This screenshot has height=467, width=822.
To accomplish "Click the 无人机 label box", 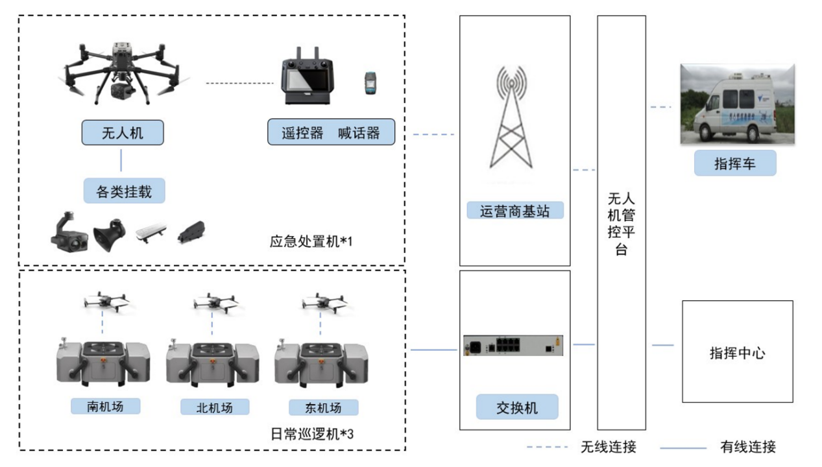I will click(x=123, y=133).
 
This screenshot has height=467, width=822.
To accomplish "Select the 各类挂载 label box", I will click(x=124, y=191).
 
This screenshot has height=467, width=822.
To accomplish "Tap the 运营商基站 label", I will click(x=515, y=211).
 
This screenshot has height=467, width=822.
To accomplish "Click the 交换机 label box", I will click(x=516, y=408).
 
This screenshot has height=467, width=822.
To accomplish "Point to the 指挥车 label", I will click(x=734, y=163).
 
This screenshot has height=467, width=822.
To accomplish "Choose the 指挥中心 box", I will click(x=737, y=352).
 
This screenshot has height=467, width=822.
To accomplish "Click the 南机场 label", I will click(x=106, y=406).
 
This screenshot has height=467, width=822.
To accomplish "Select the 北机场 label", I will click(x=214, y=407).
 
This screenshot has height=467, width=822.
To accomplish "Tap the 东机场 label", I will click(x=323, y=407).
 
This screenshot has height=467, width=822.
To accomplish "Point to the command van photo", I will click(x=737, y=104).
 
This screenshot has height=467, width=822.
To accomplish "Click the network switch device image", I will click(x=513, y=345).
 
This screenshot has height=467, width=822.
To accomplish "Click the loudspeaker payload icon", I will click(x=108, y=237).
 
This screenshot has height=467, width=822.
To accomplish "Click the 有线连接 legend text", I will click(x=748, y=447).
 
